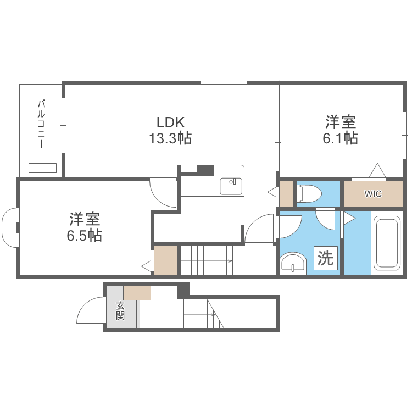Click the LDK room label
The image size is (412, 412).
coord(170,122)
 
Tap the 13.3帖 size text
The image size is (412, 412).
coord(170,138)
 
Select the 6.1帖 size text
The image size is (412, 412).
coord(340,138)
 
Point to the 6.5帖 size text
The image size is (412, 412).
coord(85,235)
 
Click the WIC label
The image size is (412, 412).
coord(373,194)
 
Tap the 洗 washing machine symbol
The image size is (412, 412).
coord(326,258)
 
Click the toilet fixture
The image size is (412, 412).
coord(309,193)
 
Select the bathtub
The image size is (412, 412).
coord(387,243)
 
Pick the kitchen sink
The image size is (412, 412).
coord(231,186)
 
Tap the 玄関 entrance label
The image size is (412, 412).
coord(120,311)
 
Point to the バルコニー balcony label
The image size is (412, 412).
coord(41,124)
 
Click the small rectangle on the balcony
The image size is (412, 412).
coord(42,168)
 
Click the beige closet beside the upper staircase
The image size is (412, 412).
coord(165,260)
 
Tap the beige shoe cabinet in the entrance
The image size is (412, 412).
coord(137,293)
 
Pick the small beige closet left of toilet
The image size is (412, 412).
coord(286,194)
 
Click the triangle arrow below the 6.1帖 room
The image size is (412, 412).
coord(377,170)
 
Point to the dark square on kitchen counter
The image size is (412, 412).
coord(206,170)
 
